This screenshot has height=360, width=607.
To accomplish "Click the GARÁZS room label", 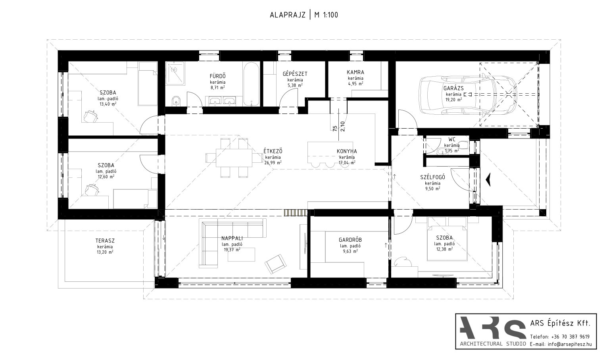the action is pos(453,88).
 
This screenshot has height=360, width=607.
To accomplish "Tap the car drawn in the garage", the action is pos(468,95).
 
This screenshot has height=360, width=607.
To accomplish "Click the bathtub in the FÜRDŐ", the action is pos(252,84).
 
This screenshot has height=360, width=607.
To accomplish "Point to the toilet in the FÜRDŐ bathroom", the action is pos(176,101).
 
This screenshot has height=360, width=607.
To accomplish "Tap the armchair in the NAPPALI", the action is pos(276,264).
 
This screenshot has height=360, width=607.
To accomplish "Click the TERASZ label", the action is pos(105,241).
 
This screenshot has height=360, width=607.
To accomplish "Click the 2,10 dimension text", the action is pos(342,126).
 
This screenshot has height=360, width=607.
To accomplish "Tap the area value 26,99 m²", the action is pos(273,163).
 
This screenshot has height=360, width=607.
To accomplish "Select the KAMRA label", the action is pos(355,72).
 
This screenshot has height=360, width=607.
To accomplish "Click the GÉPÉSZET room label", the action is pos(295,74).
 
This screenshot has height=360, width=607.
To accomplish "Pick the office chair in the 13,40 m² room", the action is pos(90,116).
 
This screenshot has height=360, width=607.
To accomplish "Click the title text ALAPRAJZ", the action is pos(288,15).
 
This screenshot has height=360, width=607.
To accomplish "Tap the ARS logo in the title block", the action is pos(493,328).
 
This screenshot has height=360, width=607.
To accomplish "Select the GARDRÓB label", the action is pos(350,240).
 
